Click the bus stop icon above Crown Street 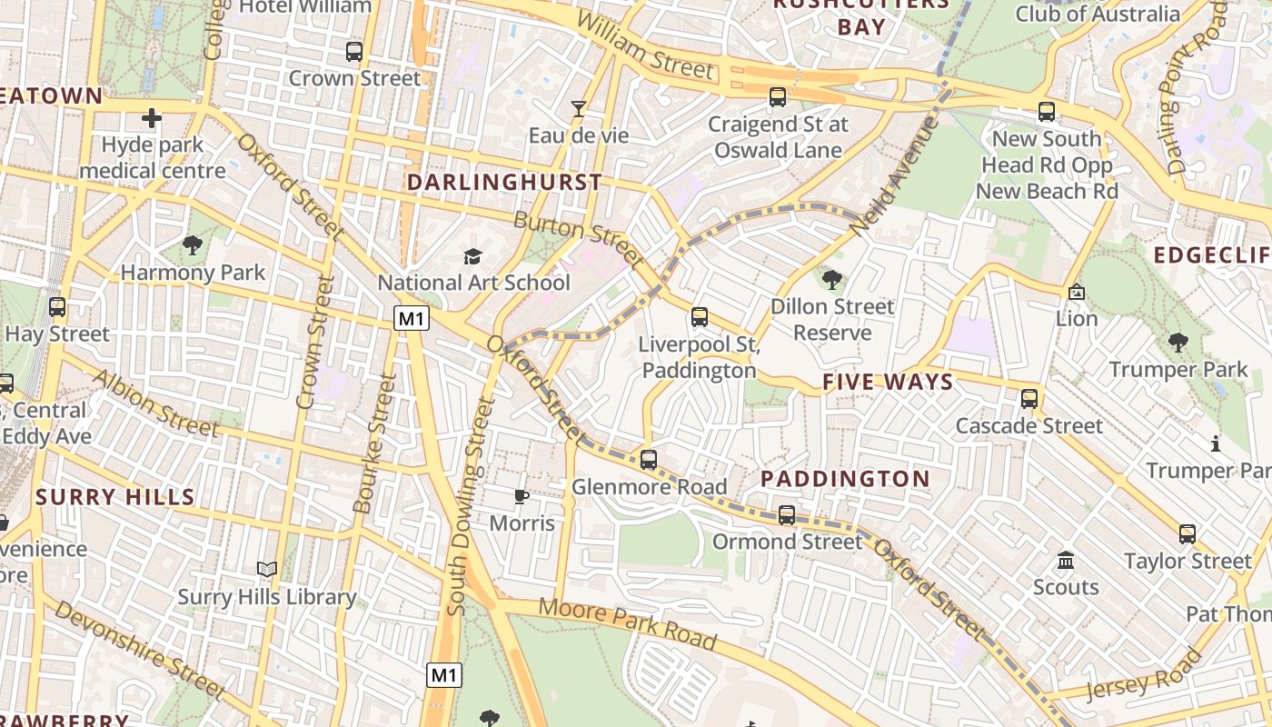354,52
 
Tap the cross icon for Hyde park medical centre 152,118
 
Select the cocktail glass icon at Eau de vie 578,109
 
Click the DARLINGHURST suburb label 504,183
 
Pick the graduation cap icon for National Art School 472,257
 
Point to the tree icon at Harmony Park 192,245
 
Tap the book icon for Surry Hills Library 266,570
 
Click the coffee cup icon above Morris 521,496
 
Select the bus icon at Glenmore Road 648,460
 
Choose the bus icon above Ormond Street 787,515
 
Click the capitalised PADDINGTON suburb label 845,479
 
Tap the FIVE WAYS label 888,383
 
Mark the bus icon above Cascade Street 1029,399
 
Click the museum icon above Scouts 1066,560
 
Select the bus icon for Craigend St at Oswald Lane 777,97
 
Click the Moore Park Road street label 628,623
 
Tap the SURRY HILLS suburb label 115,497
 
